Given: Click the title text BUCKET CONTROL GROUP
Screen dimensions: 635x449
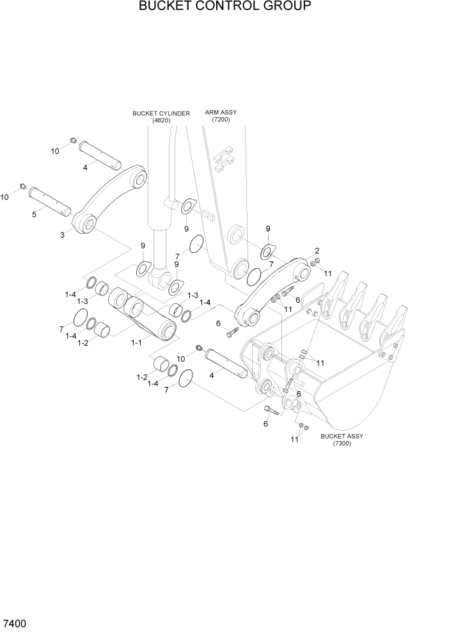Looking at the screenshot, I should point(224,7).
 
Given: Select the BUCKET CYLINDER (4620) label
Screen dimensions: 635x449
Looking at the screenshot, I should point(161,117).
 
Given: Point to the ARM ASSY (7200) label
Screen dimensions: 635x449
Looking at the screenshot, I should point(221,116).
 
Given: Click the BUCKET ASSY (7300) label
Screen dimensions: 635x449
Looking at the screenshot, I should point(342,440).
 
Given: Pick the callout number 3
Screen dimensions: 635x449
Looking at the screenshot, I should point(62,235).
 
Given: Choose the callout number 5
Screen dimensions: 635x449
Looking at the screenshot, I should point(33,215).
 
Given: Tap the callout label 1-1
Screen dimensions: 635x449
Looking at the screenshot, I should point(136,343).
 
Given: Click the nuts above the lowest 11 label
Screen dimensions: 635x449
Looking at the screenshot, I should point(303,426).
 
